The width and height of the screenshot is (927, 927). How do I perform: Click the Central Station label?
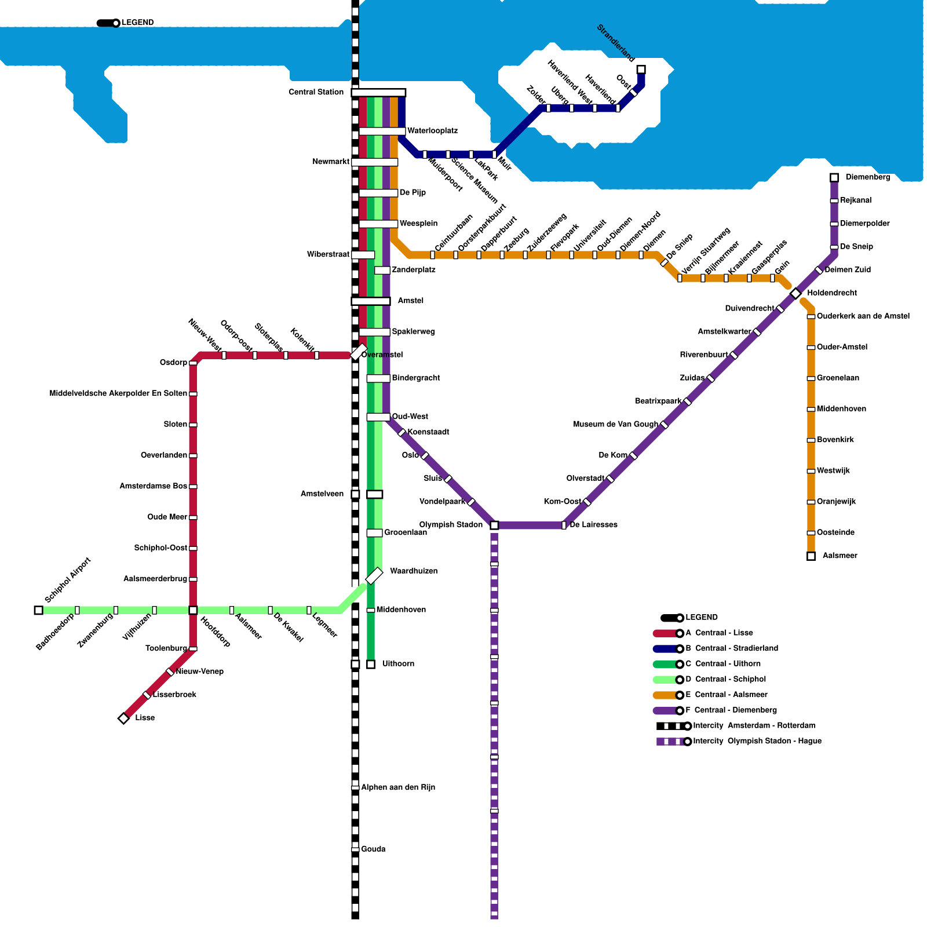click(x=316, y=92)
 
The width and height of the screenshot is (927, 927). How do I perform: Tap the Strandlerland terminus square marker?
click(x=641, y=70)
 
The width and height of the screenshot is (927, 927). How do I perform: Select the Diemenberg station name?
click(x=867, y=177)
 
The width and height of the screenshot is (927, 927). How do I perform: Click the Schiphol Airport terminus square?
click(x=38, y=610)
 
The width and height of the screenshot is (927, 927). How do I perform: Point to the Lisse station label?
click(x=145, y=718)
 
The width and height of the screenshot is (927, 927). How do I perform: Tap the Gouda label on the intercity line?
click(x=373, y=849)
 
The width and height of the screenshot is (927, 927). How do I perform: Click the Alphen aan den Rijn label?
click(x=398, y=787)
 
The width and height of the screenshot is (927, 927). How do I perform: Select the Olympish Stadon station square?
click(x=494, y=525)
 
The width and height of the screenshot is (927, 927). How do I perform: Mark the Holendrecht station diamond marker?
click(x=795, y=294)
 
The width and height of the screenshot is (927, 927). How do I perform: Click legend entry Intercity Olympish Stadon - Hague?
click(x=757, y=741)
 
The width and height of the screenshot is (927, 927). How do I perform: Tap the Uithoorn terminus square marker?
click(x=371, y=664)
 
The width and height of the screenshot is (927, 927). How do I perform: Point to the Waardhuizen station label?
click(x=414, y=571)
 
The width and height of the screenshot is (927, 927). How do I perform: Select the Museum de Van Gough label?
click(x=615, y=425)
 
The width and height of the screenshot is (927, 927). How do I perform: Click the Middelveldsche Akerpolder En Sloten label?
click(x=118, y=394)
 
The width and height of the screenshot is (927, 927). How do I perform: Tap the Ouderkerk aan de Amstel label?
click(x=863, y=316)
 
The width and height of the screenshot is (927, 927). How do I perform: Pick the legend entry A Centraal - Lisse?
click(x=718, y=633)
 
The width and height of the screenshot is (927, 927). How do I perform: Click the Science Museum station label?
click(x=475, y=181)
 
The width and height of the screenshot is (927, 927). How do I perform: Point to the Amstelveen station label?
click(x=322, y=494)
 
